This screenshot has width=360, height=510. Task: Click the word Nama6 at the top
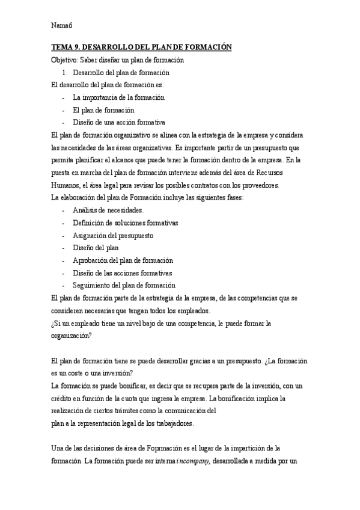click(x=62, y=25)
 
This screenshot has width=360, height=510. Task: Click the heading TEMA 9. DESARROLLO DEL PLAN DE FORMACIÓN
click(x=141, y=47)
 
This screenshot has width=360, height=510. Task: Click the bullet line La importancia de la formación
click(x=118, y=97)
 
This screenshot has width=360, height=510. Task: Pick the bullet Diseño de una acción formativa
click(x=118, y=122)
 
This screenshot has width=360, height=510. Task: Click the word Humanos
click(x=67, y=185)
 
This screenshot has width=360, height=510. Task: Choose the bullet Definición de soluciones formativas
click(x=125, y=223)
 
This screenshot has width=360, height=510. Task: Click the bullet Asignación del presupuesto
click(x=113, y=235)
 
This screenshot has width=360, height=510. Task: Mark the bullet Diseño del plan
click(x=96, y=248)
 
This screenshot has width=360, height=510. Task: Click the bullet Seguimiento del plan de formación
click(x=124, y=285)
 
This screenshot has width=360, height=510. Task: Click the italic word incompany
click(x=192, y=461)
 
